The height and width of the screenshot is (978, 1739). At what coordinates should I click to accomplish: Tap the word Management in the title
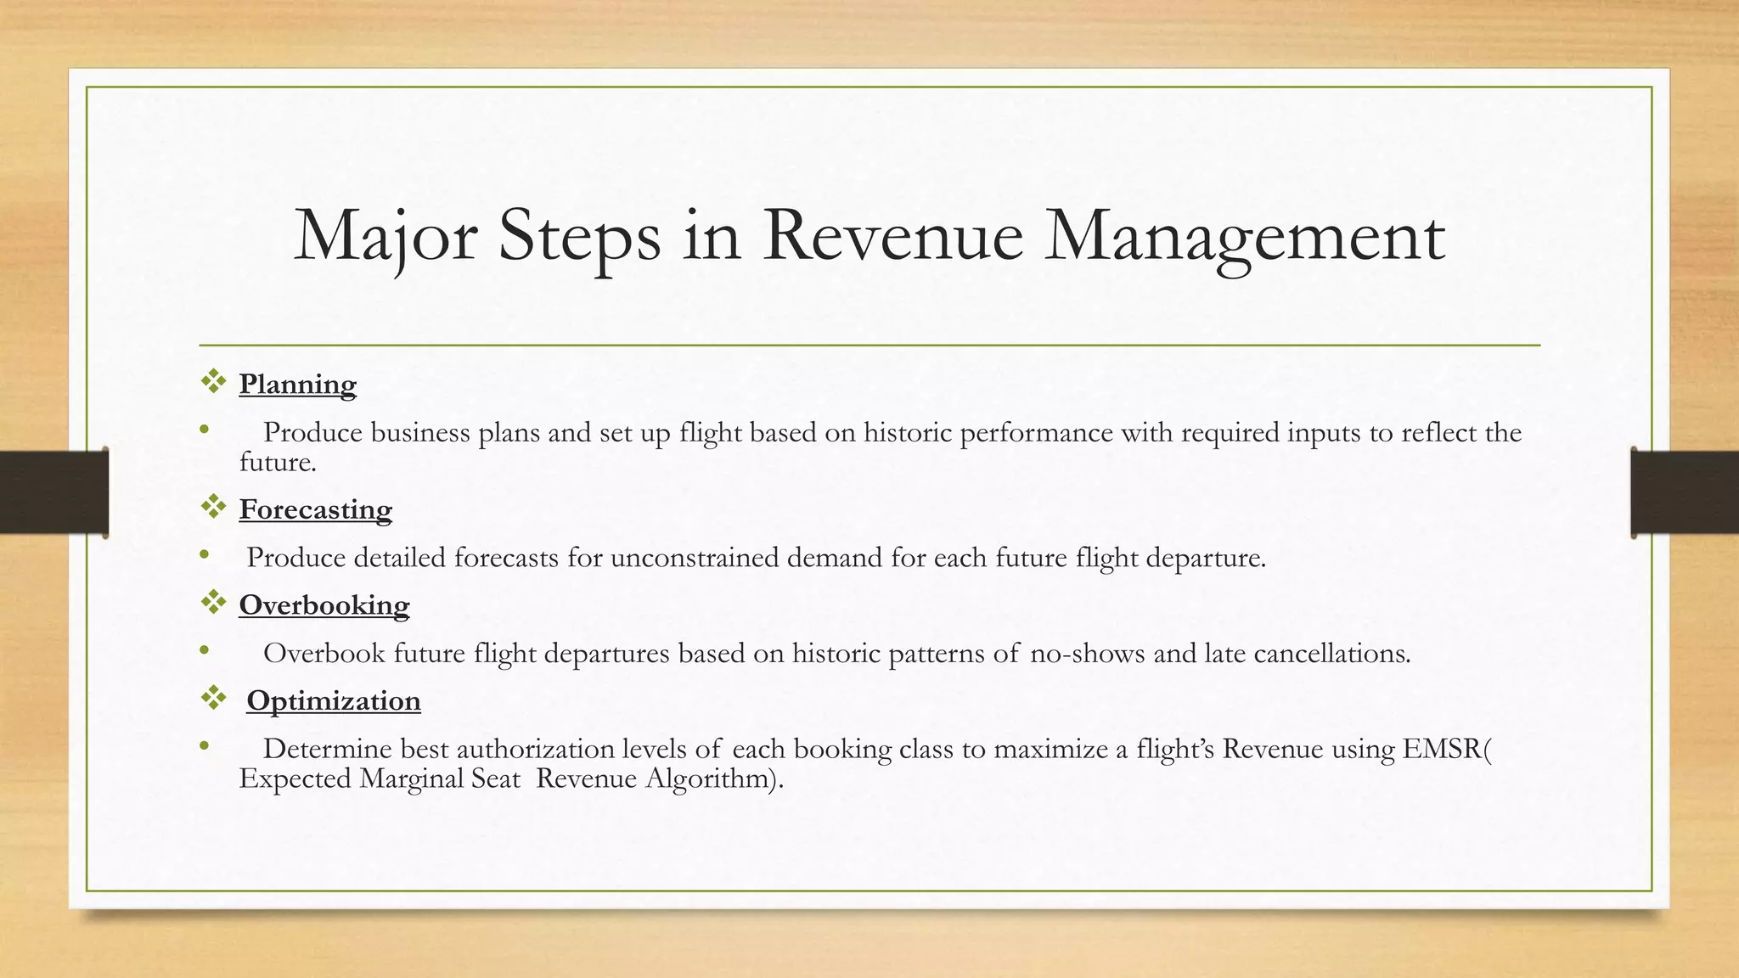tap(1244, 236)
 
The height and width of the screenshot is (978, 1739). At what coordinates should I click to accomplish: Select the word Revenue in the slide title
tap(892, 236)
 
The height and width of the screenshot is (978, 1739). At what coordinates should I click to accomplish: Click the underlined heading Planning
tap(297, 385)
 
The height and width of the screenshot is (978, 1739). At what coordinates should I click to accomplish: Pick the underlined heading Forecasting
tap(315, 509)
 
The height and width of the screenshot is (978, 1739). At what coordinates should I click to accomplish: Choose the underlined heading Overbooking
tap(324, 605)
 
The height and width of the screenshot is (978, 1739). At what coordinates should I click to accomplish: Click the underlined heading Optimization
tap(333, 701)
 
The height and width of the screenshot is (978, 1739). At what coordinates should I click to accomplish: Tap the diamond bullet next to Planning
tap(213, 382)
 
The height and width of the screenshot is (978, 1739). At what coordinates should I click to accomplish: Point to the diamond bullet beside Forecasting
tap(213, 507)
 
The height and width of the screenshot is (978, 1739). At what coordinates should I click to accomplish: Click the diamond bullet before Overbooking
tap(213, 603)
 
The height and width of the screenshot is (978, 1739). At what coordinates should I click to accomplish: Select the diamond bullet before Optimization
tap(213, 699)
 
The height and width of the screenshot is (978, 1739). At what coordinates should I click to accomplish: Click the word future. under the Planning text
tap(277, 463)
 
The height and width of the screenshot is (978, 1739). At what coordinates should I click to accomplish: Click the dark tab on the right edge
tap(1685, 492)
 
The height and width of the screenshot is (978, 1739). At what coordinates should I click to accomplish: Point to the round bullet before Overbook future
tap(204, 651)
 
